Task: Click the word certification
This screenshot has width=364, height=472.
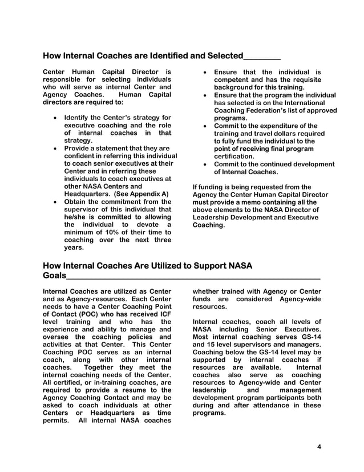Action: [234, 156]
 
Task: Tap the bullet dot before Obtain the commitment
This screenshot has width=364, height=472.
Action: [54, 202]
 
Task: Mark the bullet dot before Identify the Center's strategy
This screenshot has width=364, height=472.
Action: [54, 118]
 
